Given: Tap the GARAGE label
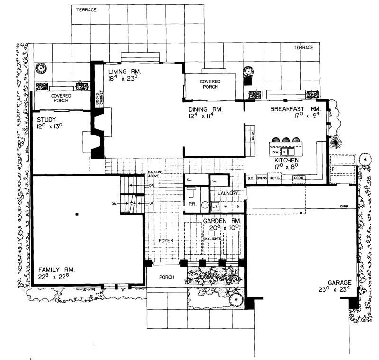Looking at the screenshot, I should tap(334, 282).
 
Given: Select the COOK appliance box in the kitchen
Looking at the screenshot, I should tap(298, 178).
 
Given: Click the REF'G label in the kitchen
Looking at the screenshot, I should tap(275, 178).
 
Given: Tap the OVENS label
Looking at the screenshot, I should tap(262, 178).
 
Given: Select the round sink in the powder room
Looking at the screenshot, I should tap(205, 207).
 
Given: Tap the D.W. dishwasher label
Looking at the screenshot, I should tap(275, 153).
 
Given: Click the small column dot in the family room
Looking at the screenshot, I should tap(76, 215).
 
